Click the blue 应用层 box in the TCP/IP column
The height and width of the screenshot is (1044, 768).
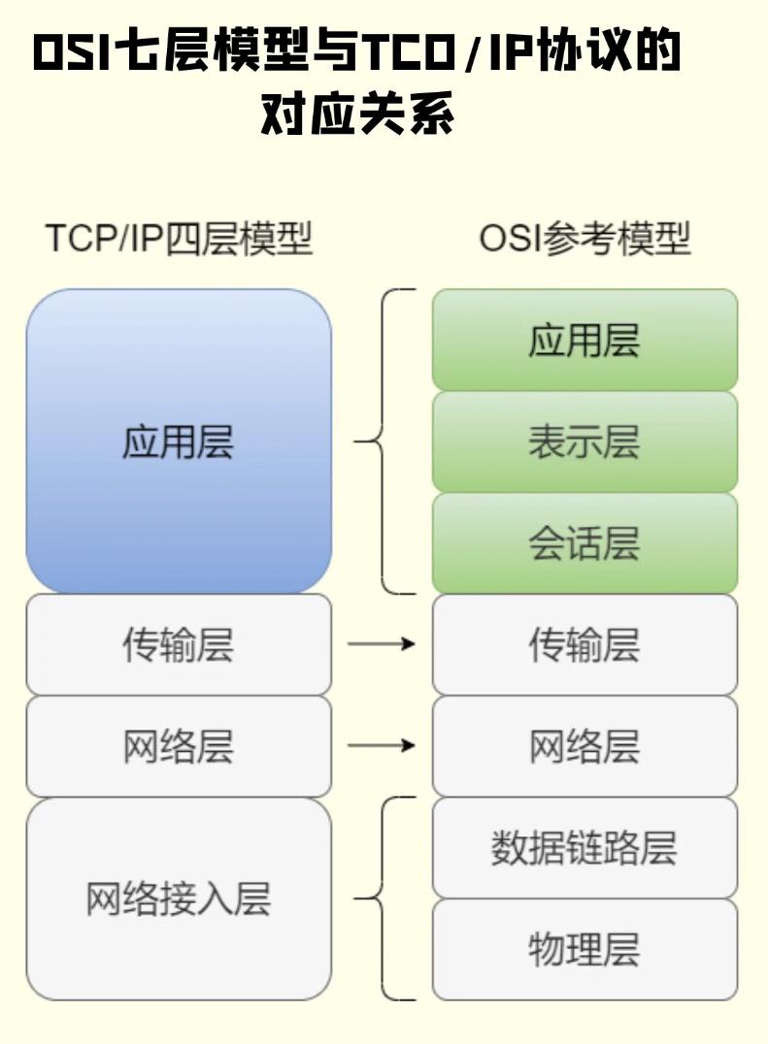tap(179, 441)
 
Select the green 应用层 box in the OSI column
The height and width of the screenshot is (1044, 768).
tap(584, 341)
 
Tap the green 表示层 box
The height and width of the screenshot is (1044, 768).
tap(584, 442)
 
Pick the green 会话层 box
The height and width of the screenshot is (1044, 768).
tap(584, 543)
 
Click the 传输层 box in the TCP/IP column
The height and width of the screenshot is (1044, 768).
tap(179, 645)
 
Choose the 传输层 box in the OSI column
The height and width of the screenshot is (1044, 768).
tap(584, 645)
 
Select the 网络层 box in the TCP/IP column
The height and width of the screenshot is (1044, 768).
tap(179, 746)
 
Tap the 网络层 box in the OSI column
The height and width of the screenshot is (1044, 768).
tap(584, 746)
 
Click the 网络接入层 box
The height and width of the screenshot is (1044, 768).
tap(179, 898)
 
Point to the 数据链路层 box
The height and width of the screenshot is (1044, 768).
tap(584, 848)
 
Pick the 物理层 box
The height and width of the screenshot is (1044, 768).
tap(584, 949)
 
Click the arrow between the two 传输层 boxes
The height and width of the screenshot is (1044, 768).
tap(382, 644)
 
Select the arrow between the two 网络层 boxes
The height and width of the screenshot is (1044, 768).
tap(382, 746)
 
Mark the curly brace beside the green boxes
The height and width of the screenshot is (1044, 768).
tap(384, 441)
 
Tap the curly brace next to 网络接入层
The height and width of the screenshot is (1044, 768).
tap(384, 898)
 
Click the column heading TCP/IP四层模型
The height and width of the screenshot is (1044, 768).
tap(179, 239)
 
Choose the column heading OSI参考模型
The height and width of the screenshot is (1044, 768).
tap(584, 239)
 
